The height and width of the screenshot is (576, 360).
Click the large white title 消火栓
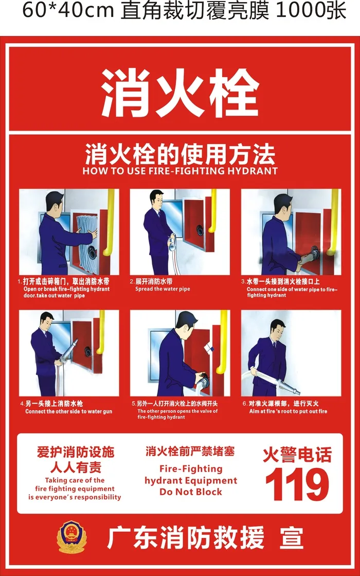click(x=179, y=94)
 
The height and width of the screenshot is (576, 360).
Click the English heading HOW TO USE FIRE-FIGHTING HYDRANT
click(x=180, y=171)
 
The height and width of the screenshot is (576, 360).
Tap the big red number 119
click(x=297, y=484)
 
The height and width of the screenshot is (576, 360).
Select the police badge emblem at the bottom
click(x=71, y=537)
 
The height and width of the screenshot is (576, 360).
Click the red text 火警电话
click(x=297, y=455)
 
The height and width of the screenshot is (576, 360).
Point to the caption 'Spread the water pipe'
click(x=163, y=289)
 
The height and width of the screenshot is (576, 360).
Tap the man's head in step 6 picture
click(x=278, y=329)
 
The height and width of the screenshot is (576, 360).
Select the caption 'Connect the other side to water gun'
click(x=68, y=411)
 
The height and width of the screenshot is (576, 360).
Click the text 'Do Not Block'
click(x=191, y=492)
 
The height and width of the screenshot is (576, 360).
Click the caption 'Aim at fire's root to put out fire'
click(x=288, y=411)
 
